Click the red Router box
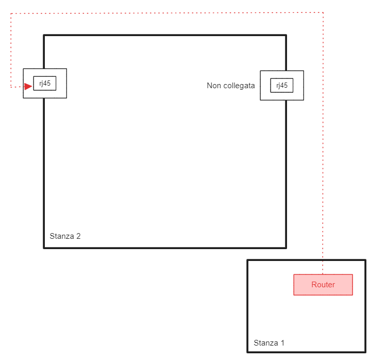pos(323,285)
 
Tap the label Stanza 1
pos(268,343)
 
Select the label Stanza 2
pos(65,236)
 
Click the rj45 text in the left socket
pos(45,83)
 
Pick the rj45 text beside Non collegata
pos(282,86)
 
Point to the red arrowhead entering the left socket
pos(28,86)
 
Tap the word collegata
pos(239,86)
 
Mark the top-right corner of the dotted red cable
pos(323,12)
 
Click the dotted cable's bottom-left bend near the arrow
pos(11,87)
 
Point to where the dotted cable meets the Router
pos(323,274)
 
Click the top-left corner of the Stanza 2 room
pos(44,35)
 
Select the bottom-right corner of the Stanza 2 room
pos(286,248)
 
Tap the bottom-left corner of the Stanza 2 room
pos(44,248)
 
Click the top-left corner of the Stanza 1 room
pos(248,260)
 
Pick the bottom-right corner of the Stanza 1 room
pos(365,352)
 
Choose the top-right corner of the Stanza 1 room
pos(365,260)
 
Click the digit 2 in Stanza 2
pos(78,236)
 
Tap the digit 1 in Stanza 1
pos(282,343)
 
